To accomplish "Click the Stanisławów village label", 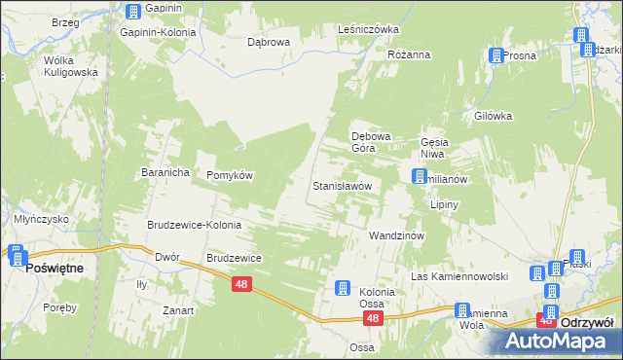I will [342, 185].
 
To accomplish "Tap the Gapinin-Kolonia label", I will [158, 32].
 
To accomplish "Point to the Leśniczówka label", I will [368, 29].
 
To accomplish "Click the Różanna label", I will [409, 54].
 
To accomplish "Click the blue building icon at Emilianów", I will [420, 177].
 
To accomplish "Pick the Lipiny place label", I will [444, 205].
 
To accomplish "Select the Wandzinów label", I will [394, 236].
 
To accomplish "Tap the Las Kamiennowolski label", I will [460, 276].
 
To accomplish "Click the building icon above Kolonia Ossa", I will [343, 287].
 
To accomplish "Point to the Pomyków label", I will [230, 175].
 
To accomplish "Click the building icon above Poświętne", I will [17, 255].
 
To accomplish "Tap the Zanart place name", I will [178, 310].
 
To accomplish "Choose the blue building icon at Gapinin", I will [133, 12].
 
